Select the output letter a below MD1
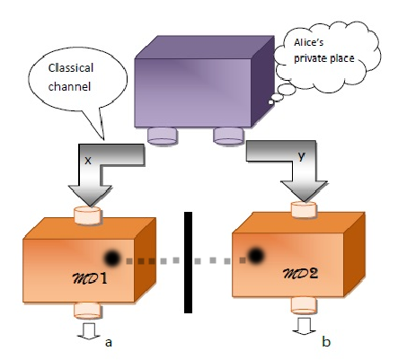pyautogui.click(x=109, y=343)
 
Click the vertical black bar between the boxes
pyautogui.click(x=189, y=261)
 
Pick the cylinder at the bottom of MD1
pyautogui.click(x=88, y=311)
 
